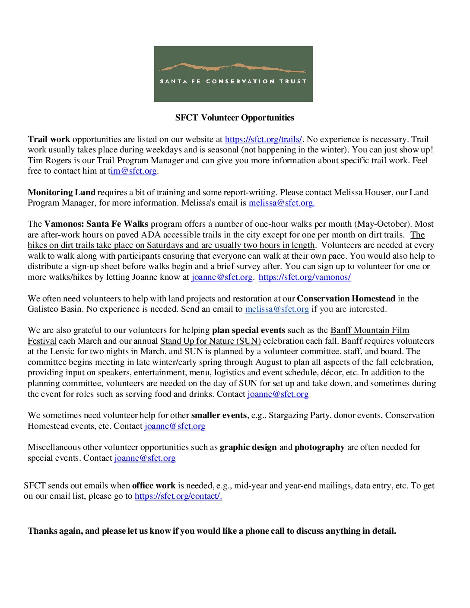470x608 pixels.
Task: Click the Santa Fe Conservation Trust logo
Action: coord(233,74)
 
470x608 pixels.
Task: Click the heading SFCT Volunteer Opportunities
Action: coord(235,117)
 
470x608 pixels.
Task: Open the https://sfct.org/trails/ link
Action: coord(264,139)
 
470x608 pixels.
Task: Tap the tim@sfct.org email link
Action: coord(133,171)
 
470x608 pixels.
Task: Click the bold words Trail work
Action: coord(49,139)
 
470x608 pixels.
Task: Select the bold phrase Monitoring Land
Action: coord(61,192)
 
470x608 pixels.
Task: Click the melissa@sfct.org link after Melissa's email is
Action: coord(282,203)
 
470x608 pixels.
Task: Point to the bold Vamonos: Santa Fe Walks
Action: coord(96,224)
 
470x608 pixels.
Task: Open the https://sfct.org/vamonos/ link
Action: coord(305,277)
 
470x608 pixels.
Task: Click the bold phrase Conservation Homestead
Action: coord(346,298)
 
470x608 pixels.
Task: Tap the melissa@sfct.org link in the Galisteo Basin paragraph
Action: coord(277,309)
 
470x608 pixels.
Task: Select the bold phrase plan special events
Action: coord(248,330)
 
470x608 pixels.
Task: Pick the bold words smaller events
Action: coord(219,415)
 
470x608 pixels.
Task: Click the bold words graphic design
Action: coord(248,447)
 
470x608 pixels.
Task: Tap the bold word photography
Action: coord(320,447)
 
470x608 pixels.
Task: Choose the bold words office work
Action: coord(154,485)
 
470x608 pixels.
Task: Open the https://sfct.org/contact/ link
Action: coord(178,496)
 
